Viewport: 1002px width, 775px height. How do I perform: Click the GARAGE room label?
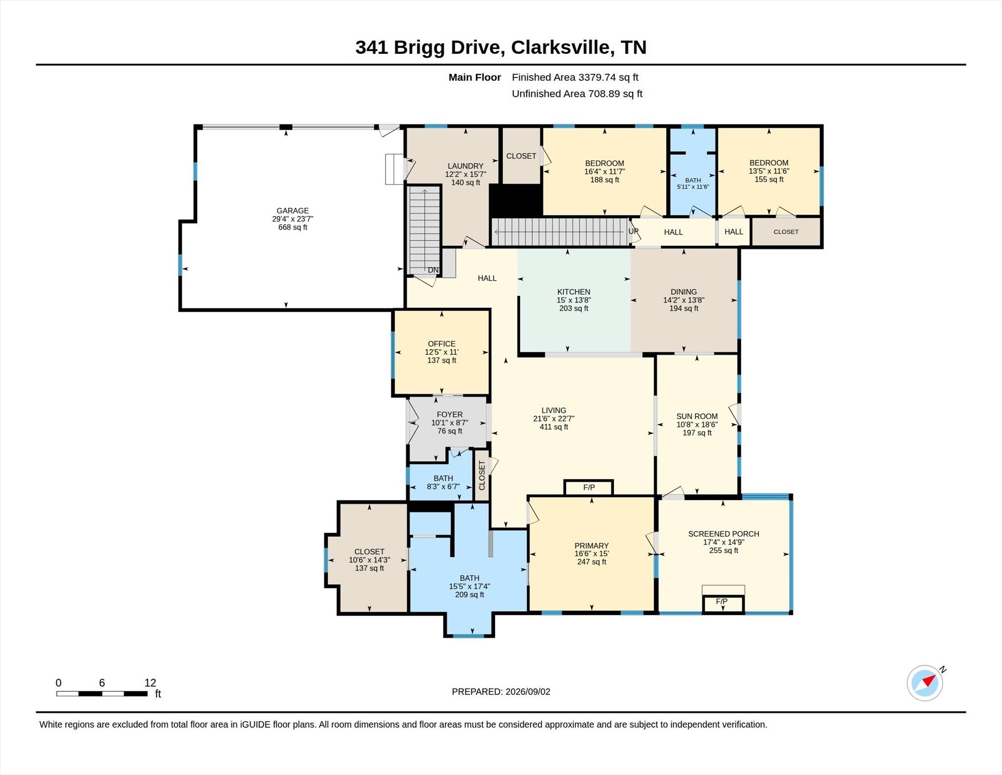[x=293, y=211]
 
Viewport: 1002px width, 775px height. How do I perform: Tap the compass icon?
[x=925, y=683]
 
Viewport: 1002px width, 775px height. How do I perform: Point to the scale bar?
[x=102, y=693]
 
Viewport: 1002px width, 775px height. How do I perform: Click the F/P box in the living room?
[x=589, y=488]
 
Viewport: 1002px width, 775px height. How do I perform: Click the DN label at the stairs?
[x=433, y=270]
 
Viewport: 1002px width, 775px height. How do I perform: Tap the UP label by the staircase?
[x=634, y=231]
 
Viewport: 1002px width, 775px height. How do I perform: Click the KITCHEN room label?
[x=573, y=292]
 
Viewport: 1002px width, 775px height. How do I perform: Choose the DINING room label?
[x=683, y=292]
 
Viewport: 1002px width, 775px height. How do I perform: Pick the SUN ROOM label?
[x=697, y=416]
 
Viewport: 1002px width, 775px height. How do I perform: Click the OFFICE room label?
[x=441, y=344]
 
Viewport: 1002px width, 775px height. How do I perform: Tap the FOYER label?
[x=450, y=414]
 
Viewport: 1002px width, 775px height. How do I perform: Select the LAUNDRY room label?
[x=465, y=166]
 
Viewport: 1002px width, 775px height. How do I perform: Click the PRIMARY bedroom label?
[x=592, y=545]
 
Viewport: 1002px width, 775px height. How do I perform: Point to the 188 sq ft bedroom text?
[x=605, y=180]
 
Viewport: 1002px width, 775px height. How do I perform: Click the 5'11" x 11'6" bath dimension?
[x=693, y=187]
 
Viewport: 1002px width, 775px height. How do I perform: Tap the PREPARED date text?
[x=501, y=691]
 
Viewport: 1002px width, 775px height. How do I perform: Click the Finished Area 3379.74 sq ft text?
[x=575, y=77]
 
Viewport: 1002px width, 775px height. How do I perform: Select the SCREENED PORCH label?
[x=724, y=534]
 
